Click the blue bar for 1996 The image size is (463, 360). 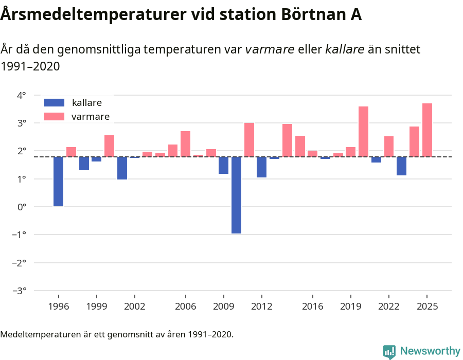click(58, 182)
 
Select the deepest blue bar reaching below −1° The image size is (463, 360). click(236, 195)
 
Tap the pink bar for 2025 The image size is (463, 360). click(427, 130)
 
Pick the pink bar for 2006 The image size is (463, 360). click(185, 144)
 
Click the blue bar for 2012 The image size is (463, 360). click(261, 167)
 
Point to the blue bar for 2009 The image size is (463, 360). click(223, 165)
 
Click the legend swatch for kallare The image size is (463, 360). click(54, 102)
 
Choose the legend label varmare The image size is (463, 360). click(91, 117)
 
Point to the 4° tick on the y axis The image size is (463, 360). click(21, 95)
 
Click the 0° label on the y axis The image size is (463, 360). click(21, 207)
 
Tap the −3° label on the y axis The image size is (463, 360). click(19, 291)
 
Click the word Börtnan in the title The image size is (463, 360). click(313, 15)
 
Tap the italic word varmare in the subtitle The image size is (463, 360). click(270, 49)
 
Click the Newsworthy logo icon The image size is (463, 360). click(389, 351)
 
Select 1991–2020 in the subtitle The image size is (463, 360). click(30, 66)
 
